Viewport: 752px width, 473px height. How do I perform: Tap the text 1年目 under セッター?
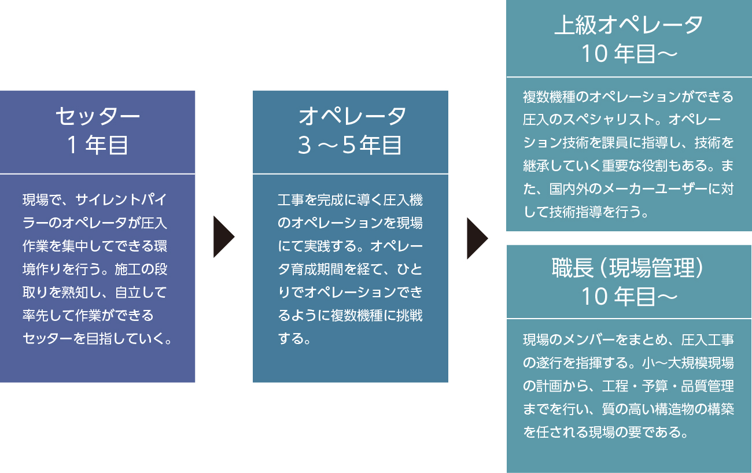(98, 145)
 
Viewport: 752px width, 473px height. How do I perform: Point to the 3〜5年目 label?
(350, 145)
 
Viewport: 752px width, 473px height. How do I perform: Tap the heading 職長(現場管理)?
(629, 268)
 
